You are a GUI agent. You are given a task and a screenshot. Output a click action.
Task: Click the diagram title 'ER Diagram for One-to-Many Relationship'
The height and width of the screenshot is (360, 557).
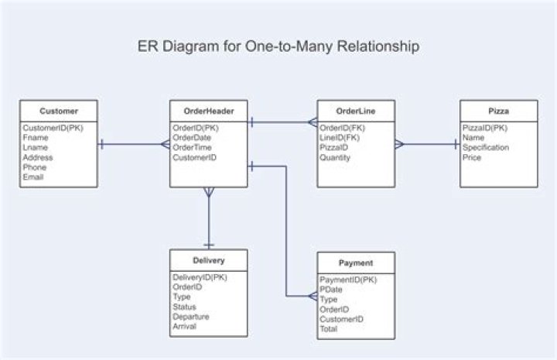[x=278, y=46]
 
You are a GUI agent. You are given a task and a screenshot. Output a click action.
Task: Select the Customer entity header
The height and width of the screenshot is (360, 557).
[x=58, y=111]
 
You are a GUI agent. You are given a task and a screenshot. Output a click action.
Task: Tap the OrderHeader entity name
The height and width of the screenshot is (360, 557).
[x=208, y=111]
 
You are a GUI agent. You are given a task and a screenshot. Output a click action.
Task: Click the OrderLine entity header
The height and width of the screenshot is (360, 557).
[x=356, y=111]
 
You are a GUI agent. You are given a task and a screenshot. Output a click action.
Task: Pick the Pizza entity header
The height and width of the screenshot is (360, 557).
[x=498, y=111]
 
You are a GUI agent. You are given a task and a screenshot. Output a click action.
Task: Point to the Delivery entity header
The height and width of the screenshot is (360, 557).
[x=208, y=260]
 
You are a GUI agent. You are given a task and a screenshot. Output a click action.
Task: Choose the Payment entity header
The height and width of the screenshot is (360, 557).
[x=356, y=262]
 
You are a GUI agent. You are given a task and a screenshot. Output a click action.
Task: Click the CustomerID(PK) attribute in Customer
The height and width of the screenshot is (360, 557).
[x=53, y=128]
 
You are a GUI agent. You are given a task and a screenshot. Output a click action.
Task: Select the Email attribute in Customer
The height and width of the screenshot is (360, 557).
[x=33, y=177]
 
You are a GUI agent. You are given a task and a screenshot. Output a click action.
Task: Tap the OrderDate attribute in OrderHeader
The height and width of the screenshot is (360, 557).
[x=192, y=138]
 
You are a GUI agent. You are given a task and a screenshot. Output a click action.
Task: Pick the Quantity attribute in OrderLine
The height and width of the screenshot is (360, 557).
[x=335, y=157]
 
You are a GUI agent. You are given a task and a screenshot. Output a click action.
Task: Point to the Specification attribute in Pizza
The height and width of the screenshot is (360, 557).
[x=486, y=147]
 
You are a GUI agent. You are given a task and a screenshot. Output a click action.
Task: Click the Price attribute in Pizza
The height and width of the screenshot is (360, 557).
[x=472, y=157]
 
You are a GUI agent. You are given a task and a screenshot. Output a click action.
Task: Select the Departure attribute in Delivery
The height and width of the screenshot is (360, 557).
[x=191, y=316]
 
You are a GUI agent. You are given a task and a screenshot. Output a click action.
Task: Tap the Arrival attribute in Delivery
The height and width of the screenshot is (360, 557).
[x=184, y=326]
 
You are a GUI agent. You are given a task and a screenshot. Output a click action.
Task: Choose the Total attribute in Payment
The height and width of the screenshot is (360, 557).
[x=328, y=328]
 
